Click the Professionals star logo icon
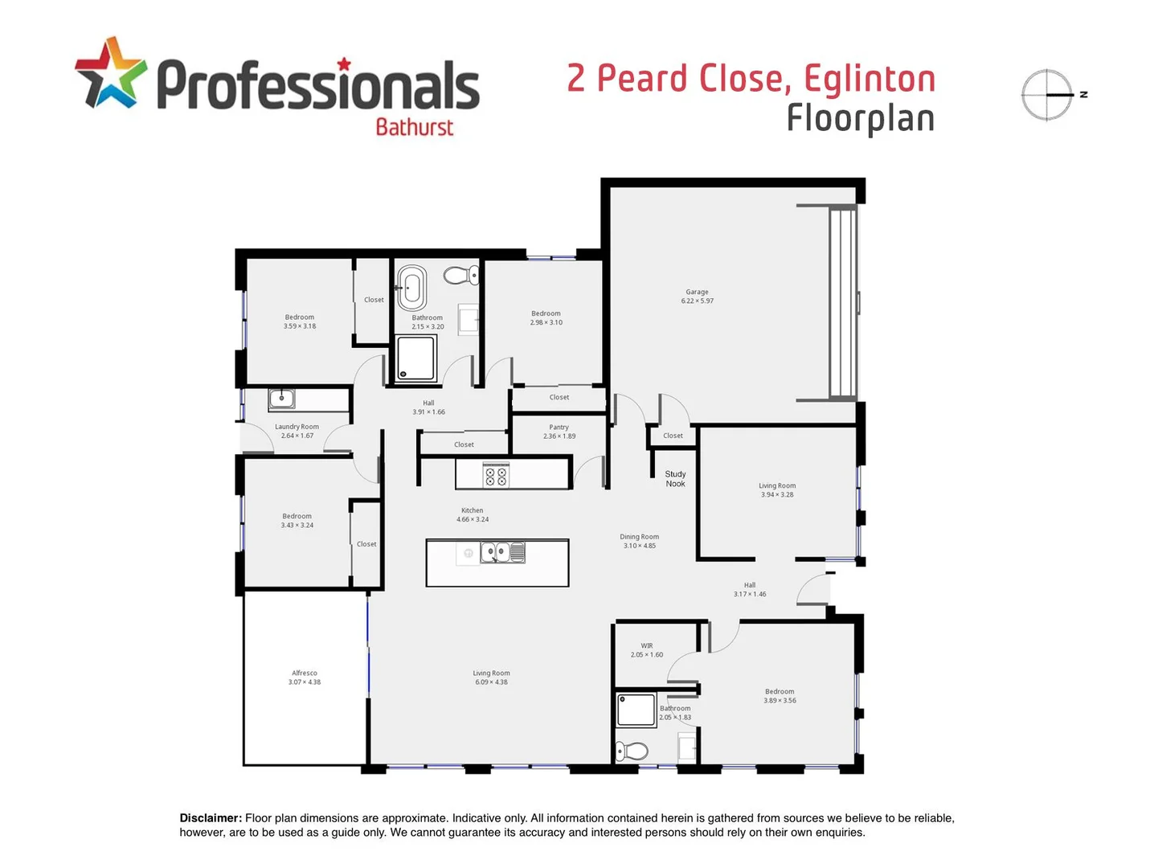pyautogui.click(x=111, y=73)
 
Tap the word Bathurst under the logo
pyautogui.click(x=414, y=127)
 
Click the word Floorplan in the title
pyautogui.click(x=860, y=119)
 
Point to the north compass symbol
pyautogui.click(x=1048, y=95)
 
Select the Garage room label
pyautogui.click(x=697, y=293)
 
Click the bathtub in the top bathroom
pyautogui.click(x=412, y=287)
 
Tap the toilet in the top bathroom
pyautogui.click(x=460, y=276)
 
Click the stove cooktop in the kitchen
pyautogui.click(x=496, y=476)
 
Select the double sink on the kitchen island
pyautogui.click(x=502, y=552)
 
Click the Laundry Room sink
pyautogui.click(x=282, y=398)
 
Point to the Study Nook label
pyautogui.click(x=675, y=479)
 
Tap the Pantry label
pyautogui.click(x=559, y=428)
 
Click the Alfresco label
pyautogui.click(x=305, y=674)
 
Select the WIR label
pyautogui.click(x=647, y=646)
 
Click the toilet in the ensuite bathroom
pyautogui.click(x=632, y=751)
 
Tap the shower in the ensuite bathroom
pyautogui.click(x=637, y=710)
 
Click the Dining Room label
pyautogui.click(x=639, y=537)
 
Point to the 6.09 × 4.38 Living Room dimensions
pyautogui.click(x=491, y=682)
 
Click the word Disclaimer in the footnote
pyautogui.click(x=211, y=818)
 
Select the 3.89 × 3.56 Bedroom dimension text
pyautogui.click(x=780, y=701)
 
